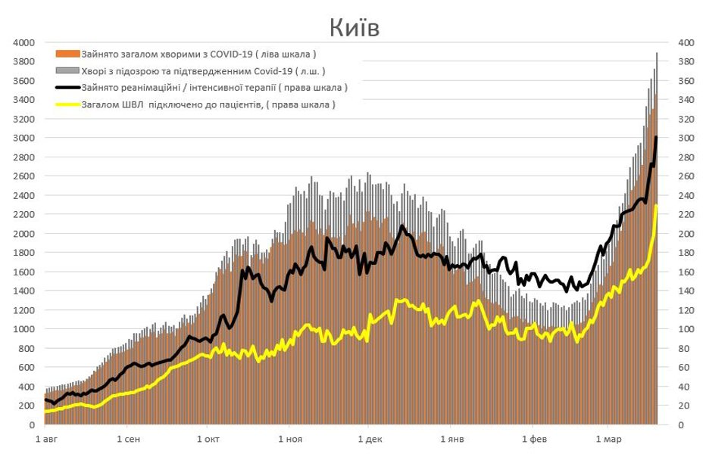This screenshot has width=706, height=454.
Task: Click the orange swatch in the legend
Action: coord(67,54)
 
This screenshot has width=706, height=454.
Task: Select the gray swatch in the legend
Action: coord(67,71)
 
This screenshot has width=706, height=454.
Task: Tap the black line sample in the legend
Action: coord(67,88)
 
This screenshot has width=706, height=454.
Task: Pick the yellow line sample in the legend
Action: coord(67,104)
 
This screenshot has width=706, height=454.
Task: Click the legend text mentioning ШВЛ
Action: coord(208,104)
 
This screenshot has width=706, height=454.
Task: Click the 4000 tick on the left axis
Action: coord(23,42)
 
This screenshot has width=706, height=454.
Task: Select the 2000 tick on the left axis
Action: coord(23,234)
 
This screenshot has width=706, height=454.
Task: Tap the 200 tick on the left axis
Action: coord(26,406)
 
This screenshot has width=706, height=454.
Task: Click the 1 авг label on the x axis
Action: coord(46,440)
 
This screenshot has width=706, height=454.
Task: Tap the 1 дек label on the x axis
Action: coord(369,440)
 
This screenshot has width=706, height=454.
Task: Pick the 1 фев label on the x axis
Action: coord(534,440)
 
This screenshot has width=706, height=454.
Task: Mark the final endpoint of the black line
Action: coord(656,138)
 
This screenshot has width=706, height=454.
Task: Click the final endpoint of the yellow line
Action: coord(656,206)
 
